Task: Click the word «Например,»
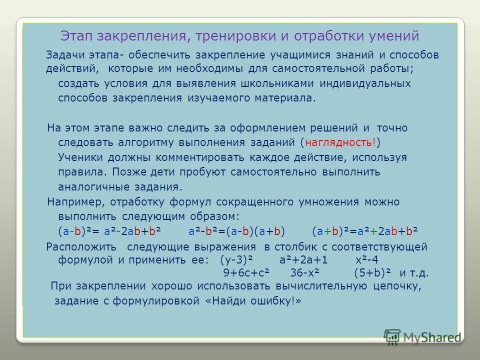pos(75,202)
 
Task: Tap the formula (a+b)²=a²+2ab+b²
pos(365,231)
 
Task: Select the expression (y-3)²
pos(237,260)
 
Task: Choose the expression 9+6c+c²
pos(246,273)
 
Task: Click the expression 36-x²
pos(305,273)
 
